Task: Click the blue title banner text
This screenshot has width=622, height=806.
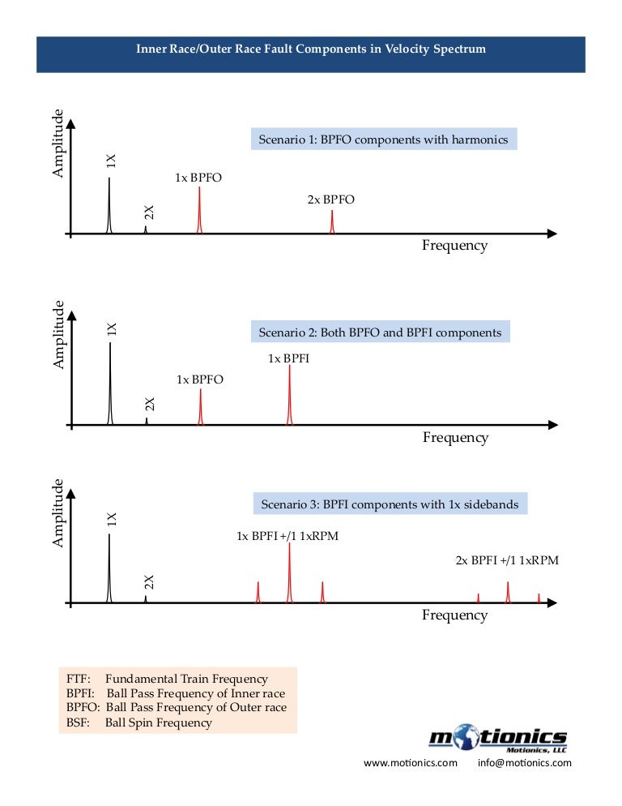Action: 311,49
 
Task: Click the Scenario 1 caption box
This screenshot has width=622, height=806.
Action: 383,139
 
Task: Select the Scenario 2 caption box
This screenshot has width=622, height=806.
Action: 380,332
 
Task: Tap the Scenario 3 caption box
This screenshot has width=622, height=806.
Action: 390,504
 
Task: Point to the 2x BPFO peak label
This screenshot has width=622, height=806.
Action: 330,199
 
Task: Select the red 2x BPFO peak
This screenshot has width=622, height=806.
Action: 332,223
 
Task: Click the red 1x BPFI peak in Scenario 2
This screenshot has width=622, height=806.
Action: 289,397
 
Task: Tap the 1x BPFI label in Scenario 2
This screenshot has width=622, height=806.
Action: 288,358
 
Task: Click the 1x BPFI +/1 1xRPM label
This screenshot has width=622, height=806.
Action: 293,536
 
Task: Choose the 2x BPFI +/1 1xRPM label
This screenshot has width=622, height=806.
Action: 507,560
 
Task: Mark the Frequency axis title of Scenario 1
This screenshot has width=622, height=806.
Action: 454,246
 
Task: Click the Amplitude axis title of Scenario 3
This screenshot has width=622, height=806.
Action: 58,512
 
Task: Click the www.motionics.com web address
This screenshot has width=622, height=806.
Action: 411,763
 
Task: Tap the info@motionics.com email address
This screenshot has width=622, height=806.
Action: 526,763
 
